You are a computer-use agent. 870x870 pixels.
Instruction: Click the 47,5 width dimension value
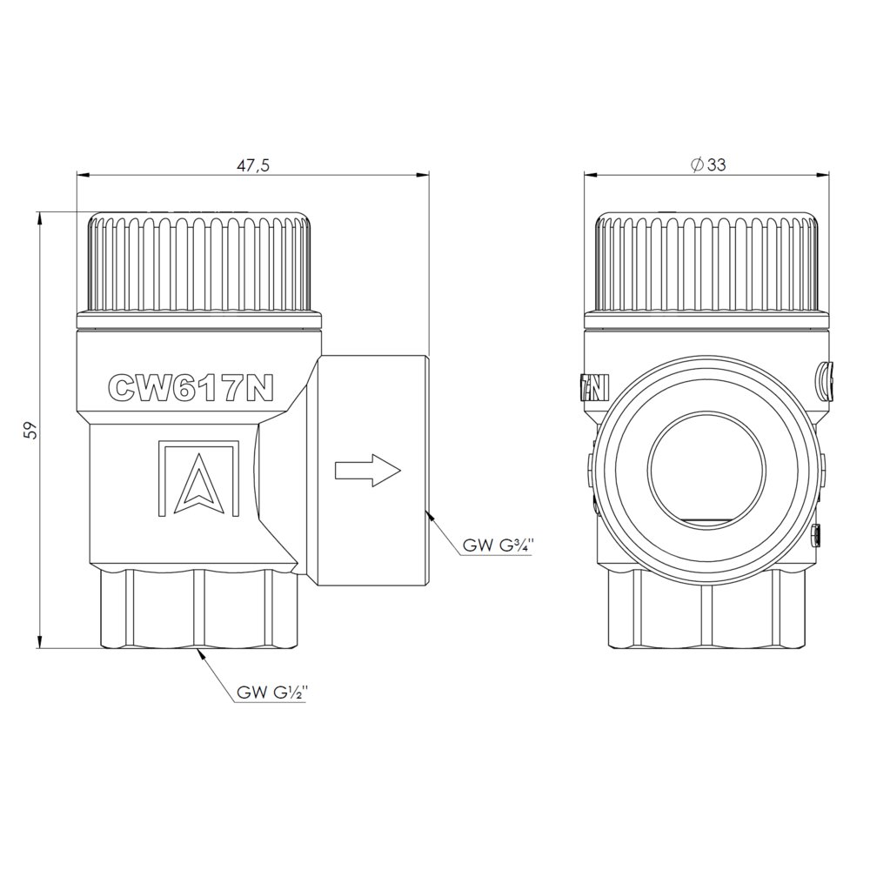click(252, 166)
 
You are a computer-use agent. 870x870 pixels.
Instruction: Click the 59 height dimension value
click(33, 430)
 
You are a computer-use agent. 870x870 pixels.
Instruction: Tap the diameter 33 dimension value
click(708, 164)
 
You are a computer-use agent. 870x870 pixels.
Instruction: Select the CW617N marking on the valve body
click(191, 386)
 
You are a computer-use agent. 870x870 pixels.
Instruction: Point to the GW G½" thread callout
click(271, 693)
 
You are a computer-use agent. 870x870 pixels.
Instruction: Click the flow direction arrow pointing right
click(368, 471)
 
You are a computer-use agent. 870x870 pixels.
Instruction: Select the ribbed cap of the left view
click(199, 262)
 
